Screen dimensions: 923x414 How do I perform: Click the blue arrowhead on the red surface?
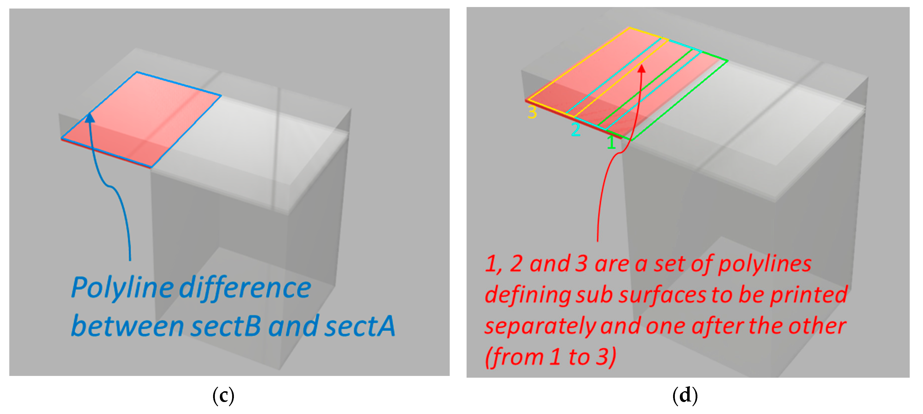pos(90,117)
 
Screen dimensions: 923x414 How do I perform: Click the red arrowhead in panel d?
pos(641,68)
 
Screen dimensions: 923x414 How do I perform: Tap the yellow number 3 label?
pos(532,112)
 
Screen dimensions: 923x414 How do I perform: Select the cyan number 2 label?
pos(576,129)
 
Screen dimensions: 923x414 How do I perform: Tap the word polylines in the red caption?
pos(765,264)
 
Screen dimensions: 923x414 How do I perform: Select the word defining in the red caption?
pos(528,295)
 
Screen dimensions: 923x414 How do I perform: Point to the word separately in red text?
pos(540,326)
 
